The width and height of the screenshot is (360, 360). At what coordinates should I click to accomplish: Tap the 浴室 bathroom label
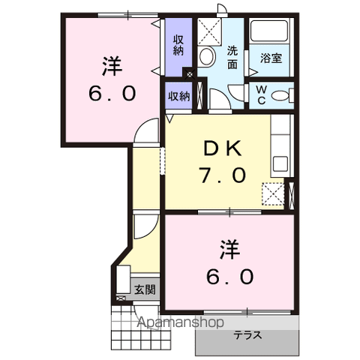coord(271,58)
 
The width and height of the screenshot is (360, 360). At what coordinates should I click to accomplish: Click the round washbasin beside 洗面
coord(208,55)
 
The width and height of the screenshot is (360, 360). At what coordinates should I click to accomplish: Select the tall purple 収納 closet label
coord(178,45)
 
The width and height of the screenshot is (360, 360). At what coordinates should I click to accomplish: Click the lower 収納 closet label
coord(178,95)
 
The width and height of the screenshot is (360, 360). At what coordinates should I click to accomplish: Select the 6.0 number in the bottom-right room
coord(229,275)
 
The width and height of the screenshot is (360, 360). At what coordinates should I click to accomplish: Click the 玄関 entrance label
coord(144,289)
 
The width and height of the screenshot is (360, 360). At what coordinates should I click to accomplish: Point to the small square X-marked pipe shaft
coord(189,74)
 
